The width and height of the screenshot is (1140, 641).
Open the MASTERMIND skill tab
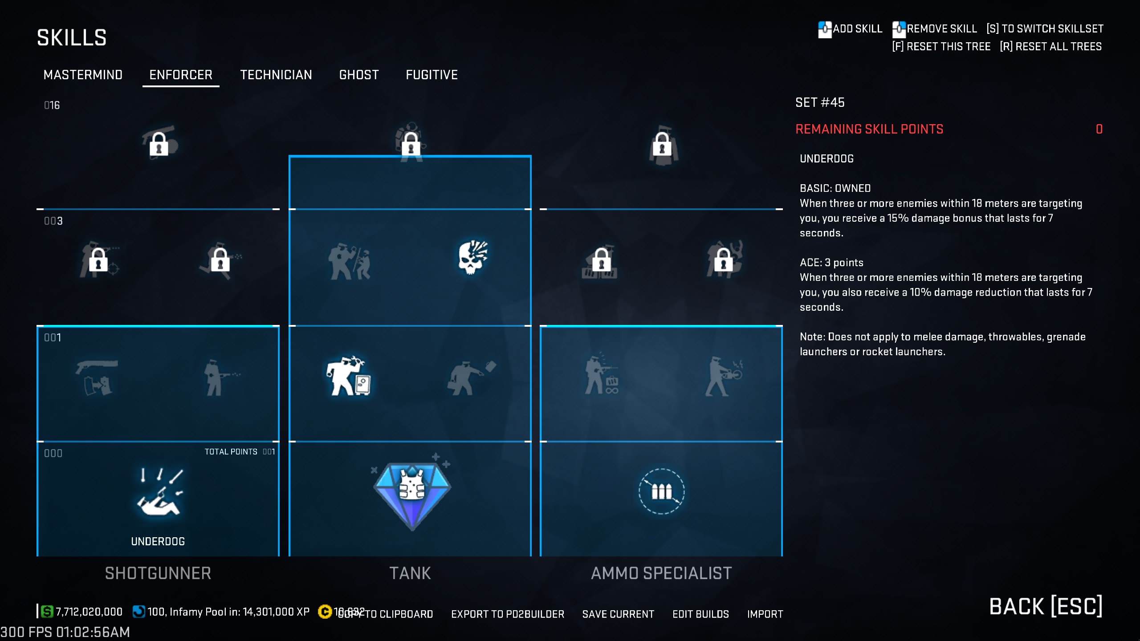coord(83,75)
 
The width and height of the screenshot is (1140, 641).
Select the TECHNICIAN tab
coord(276,75)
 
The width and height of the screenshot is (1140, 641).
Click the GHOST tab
coord(359,75)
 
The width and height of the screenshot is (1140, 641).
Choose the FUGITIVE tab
coord(432,75)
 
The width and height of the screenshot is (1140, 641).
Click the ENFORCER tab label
coord(181,75)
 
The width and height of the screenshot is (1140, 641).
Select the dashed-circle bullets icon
coord(661,491)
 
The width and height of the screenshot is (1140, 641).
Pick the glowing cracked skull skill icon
coord(473,258)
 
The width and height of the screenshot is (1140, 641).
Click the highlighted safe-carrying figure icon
coord(349,377)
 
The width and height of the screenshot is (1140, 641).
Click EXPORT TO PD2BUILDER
coord(507,614)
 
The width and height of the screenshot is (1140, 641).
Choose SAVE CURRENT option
coord(618,614)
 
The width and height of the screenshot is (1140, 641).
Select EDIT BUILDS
coord(700,614)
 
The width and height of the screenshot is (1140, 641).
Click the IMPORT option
coord(765,614)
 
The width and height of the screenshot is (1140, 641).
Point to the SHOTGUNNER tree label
coord(158,573)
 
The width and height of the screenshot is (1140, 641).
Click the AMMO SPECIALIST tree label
coord(661,573)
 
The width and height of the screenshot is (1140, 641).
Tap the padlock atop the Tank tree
coord(411,144)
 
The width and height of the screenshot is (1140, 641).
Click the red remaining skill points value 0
coord(1099,129)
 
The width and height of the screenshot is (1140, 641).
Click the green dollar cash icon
coord(47,612)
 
